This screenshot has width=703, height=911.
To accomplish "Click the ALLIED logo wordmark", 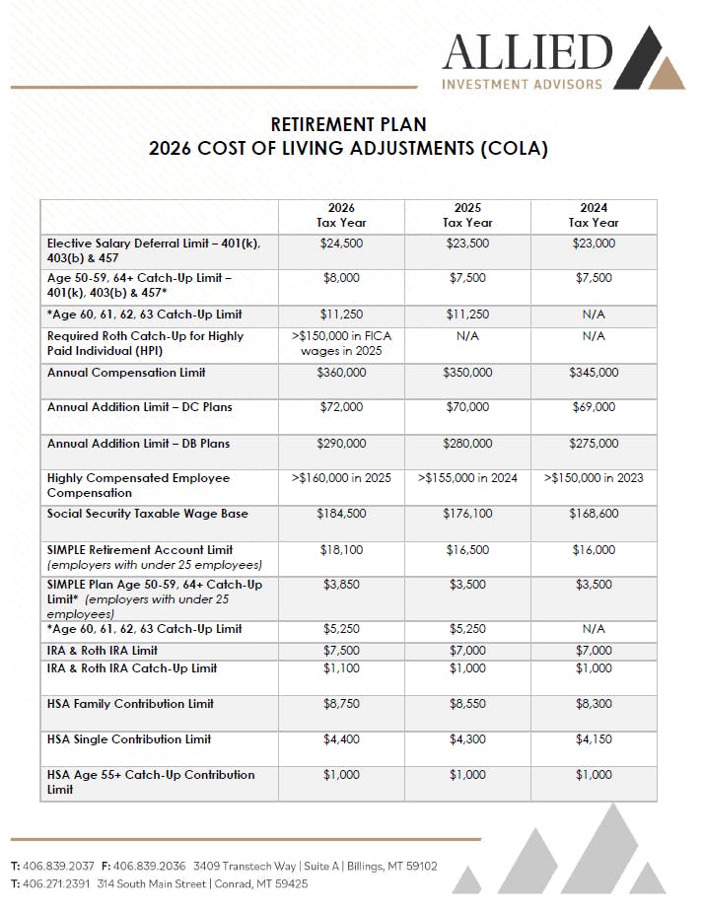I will (x=527, y=51).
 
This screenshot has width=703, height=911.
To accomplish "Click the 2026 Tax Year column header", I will (x=341, y=215).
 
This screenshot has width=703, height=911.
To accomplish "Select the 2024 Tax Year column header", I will (x=594, y=215).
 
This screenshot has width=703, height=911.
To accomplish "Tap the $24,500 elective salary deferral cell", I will (x=341, y=243).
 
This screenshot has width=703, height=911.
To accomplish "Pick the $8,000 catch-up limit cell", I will (x=341, y=278).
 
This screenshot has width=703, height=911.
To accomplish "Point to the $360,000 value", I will (x=341, y=373).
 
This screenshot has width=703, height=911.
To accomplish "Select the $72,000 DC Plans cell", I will (x=341, y=407).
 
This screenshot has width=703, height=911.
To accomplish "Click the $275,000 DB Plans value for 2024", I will (x=594, y=444).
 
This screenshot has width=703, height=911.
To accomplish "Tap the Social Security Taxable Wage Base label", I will (x=147, y=514).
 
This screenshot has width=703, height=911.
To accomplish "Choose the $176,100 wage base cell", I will (x=467, y=514).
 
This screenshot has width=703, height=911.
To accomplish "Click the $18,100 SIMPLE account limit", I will (x=341, y=550).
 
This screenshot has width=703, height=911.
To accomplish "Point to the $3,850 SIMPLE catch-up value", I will (x=341, y=585).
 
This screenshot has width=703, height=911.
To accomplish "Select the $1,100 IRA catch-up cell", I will (x=341, y=668).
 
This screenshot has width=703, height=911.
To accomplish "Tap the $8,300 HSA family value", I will (x=594, y=704).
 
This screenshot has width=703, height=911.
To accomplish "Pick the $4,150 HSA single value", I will (x=594, y=739).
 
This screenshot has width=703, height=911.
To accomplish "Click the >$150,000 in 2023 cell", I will (x=594, y=478).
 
